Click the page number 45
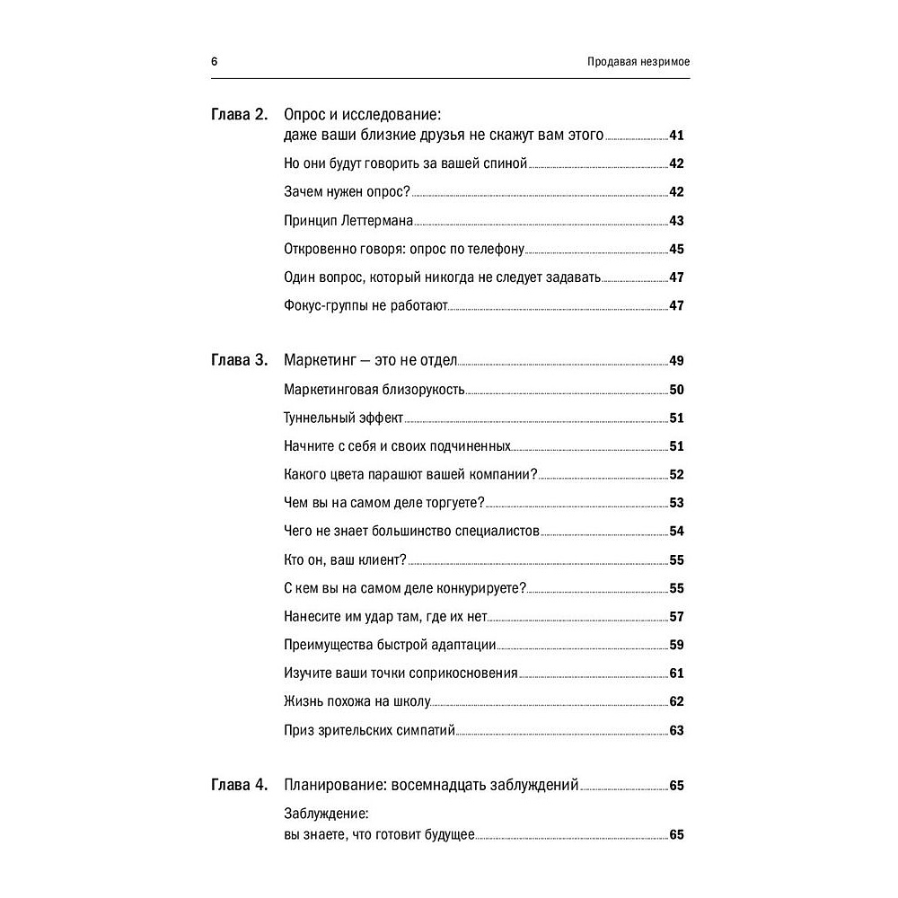tap(677, 250)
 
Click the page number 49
tap(677, 361)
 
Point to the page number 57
tap(677, 616)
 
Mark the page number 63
tap(677, 729)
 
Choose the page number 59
tap(677, 645)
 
